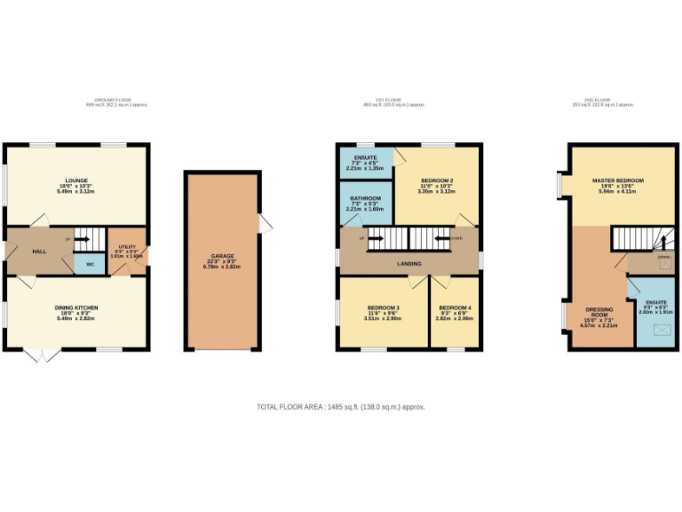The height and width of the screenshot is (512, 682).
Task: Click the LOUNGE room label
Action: click(75, 180)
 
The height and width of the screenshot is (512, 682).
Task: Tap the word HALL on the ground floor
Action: click(39, 252)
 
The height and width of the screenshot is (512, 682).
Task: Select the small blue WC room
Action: click(91, 264)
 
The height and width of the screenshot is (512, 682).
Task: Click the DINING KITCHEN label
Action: click(75, 308)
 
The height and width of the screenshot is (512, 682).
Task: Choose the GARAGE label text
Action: click(223, 256)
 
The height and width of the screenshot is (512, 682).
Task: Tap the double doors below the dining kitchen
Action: click(41, 356)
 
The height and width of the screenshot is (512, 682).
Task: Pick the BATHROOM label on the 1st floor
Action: click(365, 198)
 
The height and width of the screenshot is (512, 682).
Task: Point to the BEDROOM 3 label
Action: click(384, 308)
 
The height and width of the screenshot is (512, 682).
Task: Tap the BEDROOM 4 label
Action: click(454, 308)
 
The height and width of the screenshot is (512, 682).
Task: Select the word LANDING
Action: click(409, 262)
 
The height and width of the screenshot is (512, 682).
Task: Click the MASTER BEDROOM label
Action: click(618, 180)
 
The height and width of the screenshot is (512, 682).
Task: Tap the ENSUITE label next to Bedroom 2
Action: click(365, 157)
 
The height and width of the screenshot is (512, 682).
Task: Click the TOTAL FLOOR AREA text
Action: click(341, 406)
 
